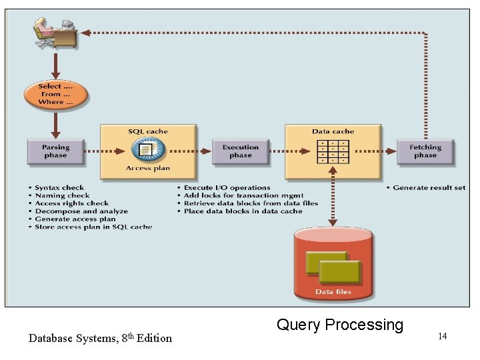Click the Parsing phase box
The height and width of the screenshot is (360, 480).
[55, 151]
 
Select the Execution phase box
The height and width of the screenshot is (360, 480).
[240, 151]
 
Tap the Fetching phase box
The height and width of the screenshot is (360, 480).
[425, 151]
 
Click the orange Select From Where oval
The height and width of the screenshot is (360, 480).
[55, 94]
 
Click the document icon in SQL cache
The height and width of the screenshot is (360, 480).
[148, 149]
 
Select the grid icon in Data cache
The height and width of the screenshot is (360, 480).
[333, 151]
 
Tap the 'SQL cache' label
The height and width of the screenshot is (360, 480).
[148, 131]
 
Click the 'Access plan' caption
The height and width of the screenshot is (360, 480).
[148, 169]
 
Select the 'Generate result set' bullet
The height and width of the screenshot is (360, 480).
[428, 188]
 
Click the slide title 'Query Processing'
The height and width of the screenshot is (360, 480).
[340, 325]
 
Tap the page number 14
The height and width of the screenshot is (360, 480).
[442, 336]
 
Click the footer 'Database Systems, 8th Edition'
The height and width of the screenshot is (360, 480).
[100, 338]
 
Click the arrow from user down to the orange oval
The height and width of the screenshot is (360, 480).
[55, 65]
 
